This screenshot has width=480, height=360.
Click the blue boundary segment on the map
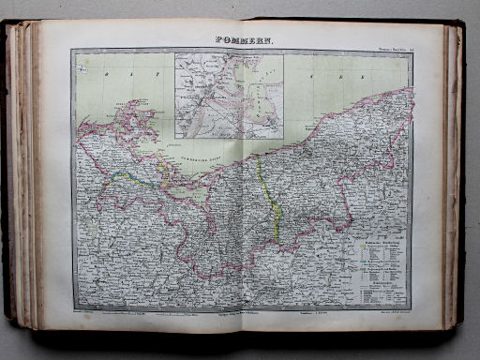[x=123, y=174]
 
